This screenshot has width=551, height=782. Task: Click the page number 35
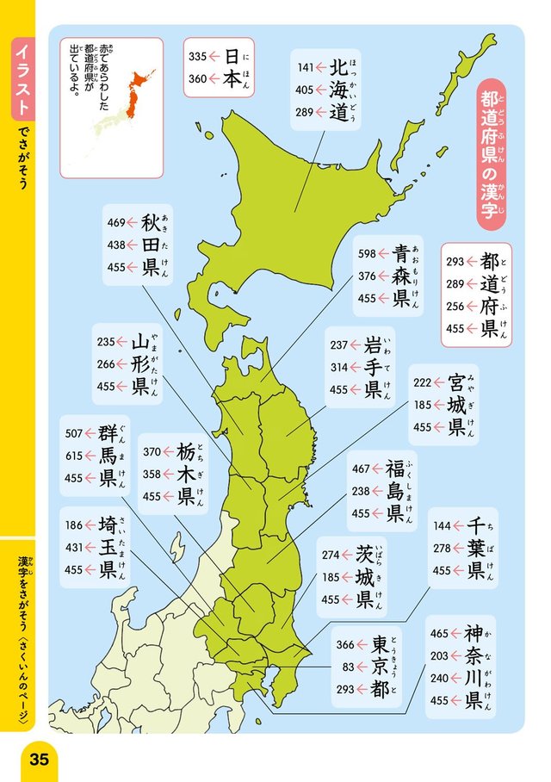(x=38, y=759)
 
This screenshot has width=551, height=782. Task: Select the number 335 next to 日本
(x=197, y=57)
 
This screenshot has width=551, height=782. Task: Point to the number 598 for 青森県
(x=367, y=253)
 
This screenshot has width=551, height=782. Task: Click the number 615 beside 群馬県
(x=74, y=456)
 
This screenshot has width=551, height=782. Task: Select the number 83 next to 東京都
(x=349, y=667)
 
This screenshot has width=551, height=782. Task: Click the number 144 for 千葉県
(x=442, y=525)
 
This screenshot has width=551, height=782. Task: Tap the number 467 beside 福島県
(x=360, y=469)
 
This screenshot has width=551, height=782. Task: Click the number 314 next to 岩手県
(x=338, y=367)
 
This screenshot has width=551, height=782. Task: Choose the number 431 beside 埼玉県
(x=73, y=546)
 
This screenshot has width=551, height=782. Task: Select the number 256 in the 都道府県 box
(x=455, y=306)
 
